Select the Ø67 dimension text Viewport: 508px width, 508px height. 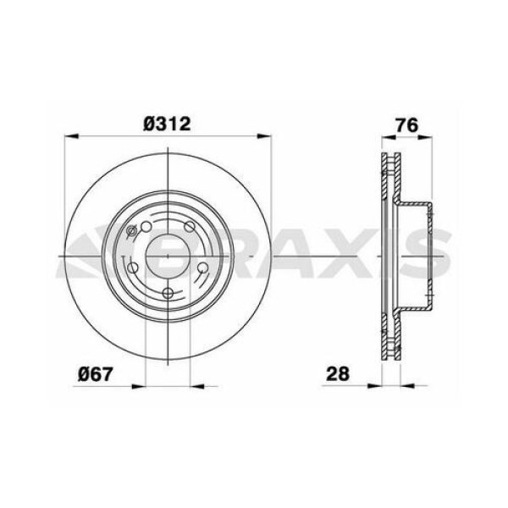pos(97,373)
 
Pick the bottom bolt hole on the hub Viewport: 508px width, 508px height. pos(168,294)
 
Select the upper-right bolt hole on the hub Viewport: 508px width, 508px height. pos(190,226)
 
